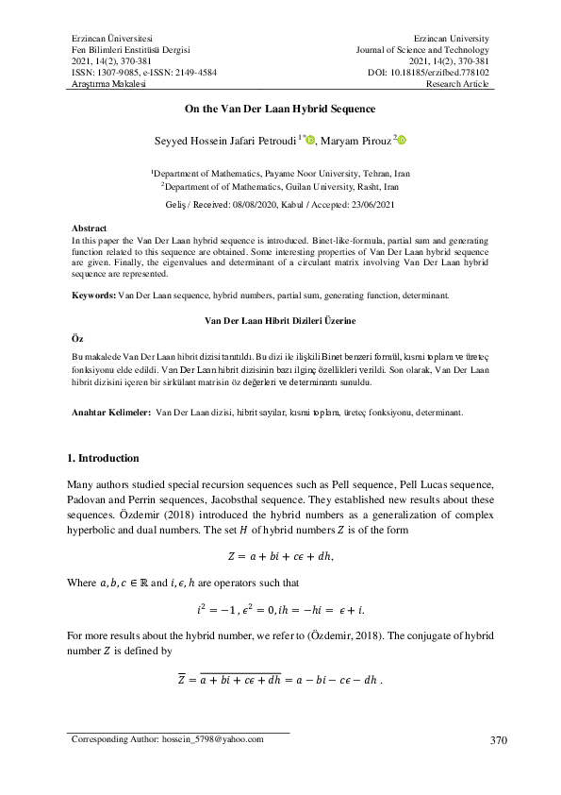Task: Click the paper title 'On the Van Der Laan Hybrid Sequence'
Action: click(280, 110)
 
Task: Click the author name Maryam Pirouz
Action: click(355, 142)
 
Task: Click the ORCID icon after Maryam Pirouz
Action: click(403, 142)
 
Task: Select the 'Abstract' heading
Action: click(90, 228)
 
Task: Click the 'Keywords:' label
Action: click(93, 296)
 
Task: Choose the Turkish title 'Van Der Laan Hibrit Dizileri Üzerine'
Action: click(280, 322)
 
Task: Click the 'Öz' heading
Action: click(77, 337)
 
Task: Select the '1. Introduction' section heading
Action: click(105, 459)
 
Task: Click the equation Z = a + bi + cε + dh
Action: click(280, 555)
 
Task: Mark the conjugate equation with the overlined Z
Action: click(280, 679)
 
